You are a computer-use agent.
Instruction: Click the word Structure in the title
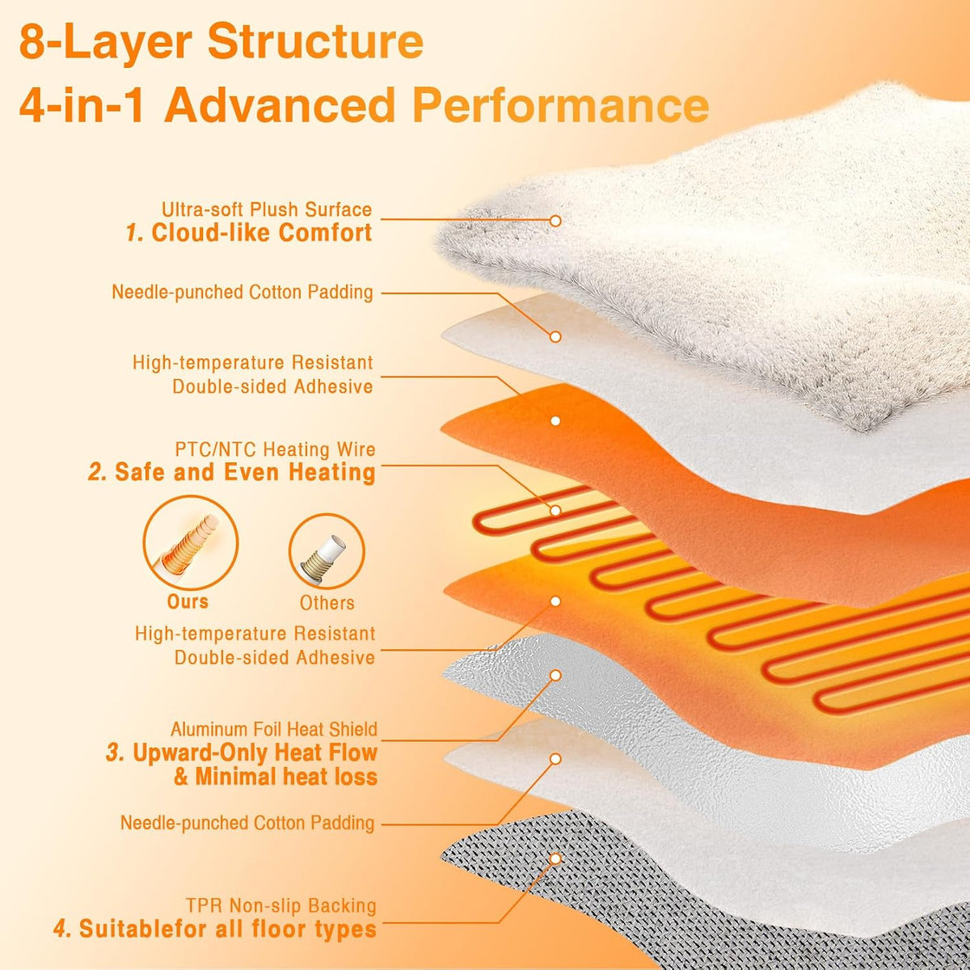(x=315, y=42)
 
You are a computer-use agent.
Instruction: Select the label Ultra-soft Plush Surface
(x=266, y=209)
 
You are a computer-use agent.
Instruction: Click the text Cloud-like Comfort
(x=262, y=233)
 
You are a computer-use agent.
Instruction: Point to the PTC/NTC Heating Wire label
(x=275, y=449)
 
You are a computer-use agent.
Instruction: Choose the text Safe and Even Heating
(x=245, y=472)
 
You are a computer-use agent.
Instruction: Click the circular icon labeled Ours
(x=191, y=543)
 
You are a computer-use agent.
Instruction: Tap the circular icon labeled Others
(x=327, y=551)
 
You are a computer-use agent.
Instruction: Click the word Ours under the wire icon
(x=188, y=601)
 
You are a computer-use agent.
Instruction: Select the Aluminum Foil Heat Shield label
(x=274, y=729)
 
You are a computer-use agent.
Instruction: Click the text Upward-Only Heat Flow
(x=255, y=753)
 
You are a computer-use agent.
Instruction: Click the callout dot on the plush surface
(x=555, y=221)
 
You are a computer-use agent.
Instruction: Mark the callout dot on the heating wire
(x=555, y=510)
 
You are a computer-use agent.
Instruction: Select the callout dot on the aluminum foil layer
(x=555, y=676)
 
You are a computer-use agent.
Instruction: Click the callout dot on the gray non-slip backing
(x=555, y=858)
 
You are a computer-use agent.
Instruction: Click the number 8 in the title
(x=32, y=42)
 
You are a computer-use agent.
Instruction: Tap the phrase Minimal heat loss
(x=286, y=777)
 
